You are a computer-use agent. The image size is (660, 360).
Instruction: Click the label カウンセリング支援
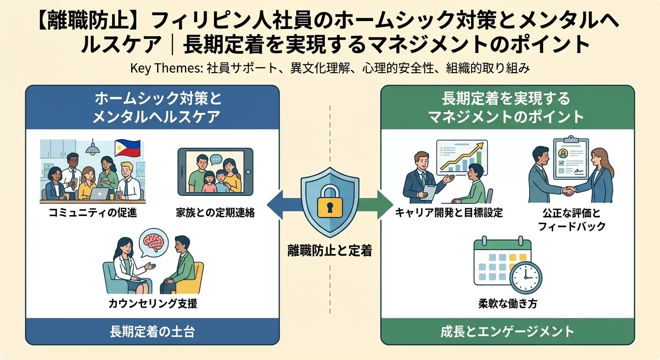(x=153, y=304)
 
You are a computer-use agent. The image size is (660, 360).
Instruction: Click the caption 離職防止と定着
(x=330, y=251)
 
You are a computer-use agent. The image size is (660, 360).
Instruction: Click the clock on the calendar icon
(x=525, y=277)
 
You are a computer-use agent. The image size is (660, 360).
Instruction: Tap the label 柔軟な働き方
(x=508, y=304)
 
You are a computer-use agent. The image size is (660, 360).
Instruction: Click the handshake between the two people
(x=569, y=191)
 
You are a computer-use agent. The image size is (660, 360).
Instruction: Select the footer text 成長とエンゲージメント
(x=508, y=332)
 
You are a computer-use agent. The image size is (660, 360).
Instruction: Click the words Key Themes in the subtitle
(x=165, y=68)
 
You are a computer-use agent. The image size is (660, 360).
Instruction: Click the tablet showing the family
(x=215, y=172)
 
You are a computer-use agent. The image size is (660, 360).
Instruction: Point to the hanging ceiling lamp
(x=92, y=150)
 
